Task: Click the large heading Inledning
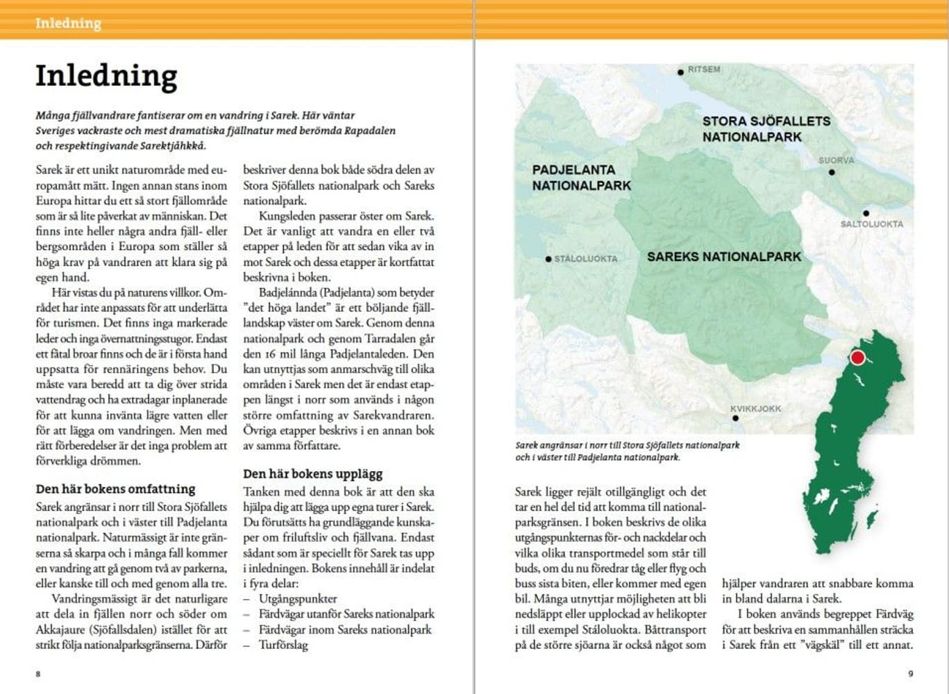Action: [x=106, y=76]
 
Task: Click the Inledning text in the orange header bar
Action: [x=68, y=24]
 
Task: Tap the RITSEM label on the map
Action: [x=704, y=69]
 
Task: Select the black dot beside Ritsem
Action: [x=681, y=71]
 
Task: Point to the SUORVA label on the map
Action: [x=836, y=160]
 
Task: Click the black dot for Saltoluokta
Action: [x=866, y=214]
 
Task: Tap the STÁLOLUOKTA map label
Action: [x=586, y=259]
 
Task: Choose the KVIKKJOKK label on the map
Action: [x=755, y=409]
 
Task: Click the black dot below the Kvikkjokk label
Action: [x=735, y=418]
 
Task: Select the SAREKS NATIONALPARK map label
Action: [x=724, y=257]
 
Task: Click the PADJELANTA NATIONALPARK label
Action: [x=581, y=178]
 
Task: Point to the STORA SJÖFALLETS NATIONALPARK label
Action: [x=766, y=129]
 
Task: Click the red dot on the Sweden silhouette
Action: [x=857, y=358]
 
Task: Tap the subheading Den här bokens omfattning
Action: [x=115, y=489]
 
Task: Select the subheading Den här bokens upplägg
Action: [x=312, y=474]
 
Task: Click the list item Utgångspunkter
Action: [x=298, y=598]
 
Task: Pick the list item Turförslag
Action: [x=283, y=644]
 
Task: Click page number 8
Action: [x=38, y=673]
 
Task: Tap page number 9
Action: [x=911, y=673]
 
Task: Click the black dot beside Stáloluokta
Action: [x=548, y=260]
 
